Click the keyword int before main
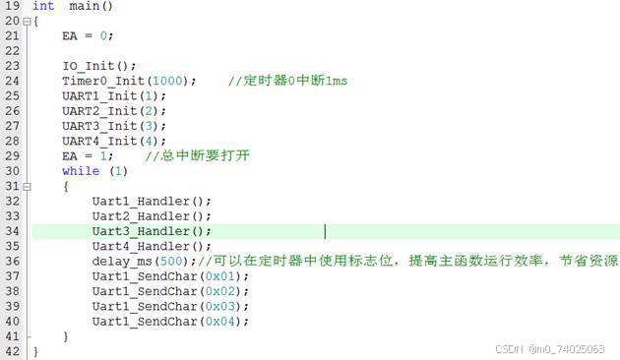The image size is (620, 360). [43, 6]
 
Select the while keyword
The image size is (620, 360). [81, 171]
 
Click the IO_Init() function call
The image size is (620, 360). [98, 66]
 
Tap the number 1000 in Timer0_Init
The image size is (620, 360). [167, 81]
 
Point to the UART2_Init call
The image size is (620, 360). [114, 111]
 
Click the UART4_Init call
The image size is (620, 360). [114, 141]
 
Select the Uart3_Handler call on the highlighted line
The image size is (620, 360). [152, 231]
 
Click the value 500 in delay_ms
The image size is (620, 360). [171, 262]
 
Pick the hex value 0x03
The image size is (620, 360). [220, 306]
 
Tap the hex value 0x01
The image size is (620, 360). [220, 276]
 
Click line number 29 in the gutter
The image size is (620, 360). [12, 156]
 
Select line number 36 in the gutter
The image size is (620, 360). [12, 262]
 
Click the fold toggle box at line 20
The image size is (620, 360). [27, 22]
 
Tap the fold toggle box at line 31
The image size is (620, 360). [27, 187]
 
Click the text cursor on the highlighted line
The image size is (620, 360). [325, 231]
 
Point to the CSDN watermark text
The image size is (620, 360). [549, 349]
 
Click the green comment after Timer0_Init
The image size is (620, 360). [287, 81]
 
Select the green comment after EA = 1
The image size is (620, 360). [197, 155]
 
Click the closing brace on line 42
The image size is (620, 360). [35, 352]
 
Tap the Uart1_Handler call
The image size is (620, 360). [152, 201]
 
